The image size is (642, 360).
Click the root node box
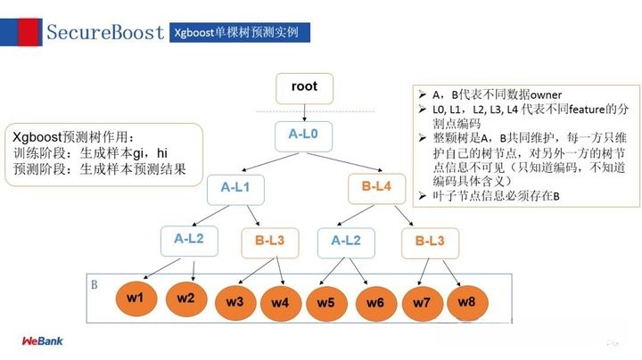coord(304,88)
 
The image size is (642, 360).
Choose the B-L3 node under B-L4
coord(435,240)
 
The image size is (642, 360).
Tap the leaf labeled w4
coord(280,303)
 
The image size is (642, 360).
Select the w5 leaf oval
coord(326,302)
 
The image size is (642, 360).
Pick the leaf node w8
coord(466,301)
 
